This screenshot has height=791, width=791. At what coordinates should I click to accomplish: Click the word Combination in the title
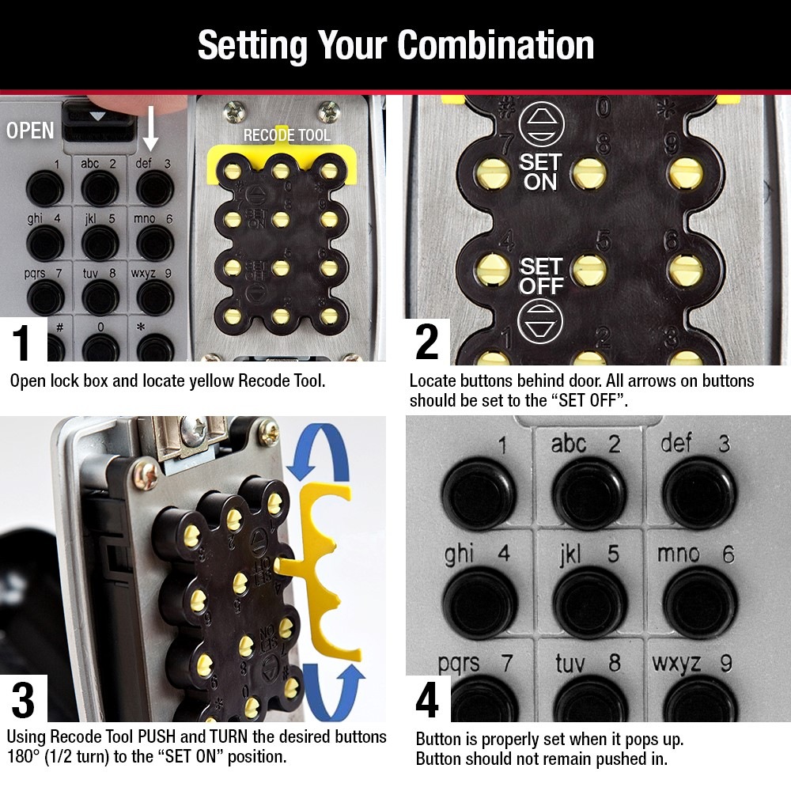coord(496,45)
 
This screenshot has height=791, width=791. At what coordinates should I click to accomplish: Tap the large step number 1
coord(23,342)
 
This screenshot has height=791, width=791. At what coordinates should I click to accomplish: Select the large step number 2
coord(427,342)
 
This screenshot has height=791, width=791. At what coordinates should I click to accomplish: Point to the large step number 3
coord(23,701)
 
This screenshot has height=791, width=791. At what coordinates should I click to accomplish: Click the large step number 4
coord(427,701)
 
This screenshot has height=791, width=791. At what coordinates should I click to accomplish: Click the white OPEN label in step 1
coord(30,131)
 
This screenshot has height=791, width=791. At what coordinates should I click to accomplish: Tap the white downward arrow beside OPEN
coord(150,131)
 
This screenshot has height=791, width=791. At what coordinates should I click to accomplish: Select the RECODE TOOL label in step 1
coord(286,135)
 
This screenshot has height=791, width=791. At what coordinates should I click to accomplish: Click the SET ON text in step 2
coord(539,172)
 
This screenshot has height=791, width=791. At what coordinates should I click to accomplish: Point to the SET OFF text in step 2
coord(541,275)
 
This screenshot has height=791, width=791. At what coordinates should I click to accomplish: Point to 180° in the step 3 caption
coord(27,757)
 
